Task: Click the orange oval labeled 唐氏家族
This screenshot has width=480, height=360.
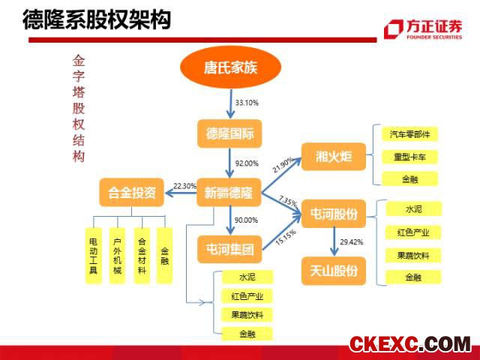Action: point(230,67)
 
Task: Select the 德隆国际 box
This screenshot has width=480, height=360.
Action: point(229,133)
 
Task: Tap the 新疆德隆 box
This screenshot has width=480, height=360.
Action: point(229,193)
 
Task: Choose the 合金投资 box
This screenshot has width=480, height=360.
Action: point(132,193)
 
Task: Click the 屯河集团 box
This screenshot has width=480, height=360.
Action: point(229,249)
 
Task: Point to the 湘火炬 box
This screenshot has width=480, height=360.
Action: point(334,157)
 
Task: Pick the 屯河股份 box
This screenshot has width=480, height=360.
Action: point(334,214)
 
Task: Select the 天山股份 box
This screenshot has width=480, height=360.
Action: point(334,271)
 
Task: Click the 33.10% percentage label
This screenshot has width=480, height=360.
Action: point(247,103)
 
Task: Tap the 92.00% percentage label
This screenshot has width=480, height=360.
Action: point(247,163)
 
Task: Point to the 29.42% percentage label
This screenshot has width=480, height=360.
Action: point(352,242)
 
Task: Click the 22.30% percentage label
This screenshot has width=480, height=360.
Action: point(185,186)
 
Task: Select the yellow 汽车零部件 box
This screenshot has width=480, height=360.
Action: point(410,134)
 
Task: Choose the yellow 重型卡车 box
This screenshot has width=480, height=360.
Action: point(410,157)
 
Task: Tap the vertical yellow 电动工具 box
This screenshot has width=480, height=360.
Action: point(93,256)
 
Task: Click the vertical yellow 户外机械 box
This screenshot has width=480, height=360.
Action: point(118,256)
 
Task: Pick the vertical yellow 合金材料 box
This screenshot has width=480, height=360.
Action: point(142,256)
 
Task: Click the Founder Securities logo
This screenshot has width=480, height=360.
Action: point(424,29)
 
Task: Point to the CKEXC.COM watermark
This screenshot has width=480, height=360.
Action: point(410,343)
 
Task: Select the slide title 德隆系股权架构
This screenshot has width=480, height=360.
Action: point(97,20)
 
